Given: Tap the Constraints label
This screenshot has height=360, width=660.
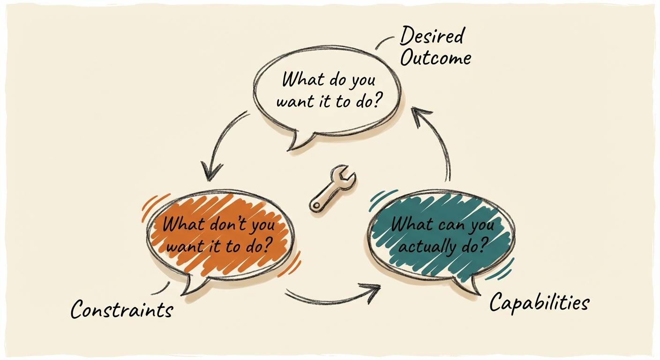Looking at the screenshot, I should tap(122, 309).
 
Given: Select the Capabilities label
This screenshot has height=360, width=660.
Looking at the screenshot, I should tap(539, 303).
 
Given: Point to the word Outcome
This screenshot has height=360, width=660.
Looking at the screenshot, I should tap(436, 59).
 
